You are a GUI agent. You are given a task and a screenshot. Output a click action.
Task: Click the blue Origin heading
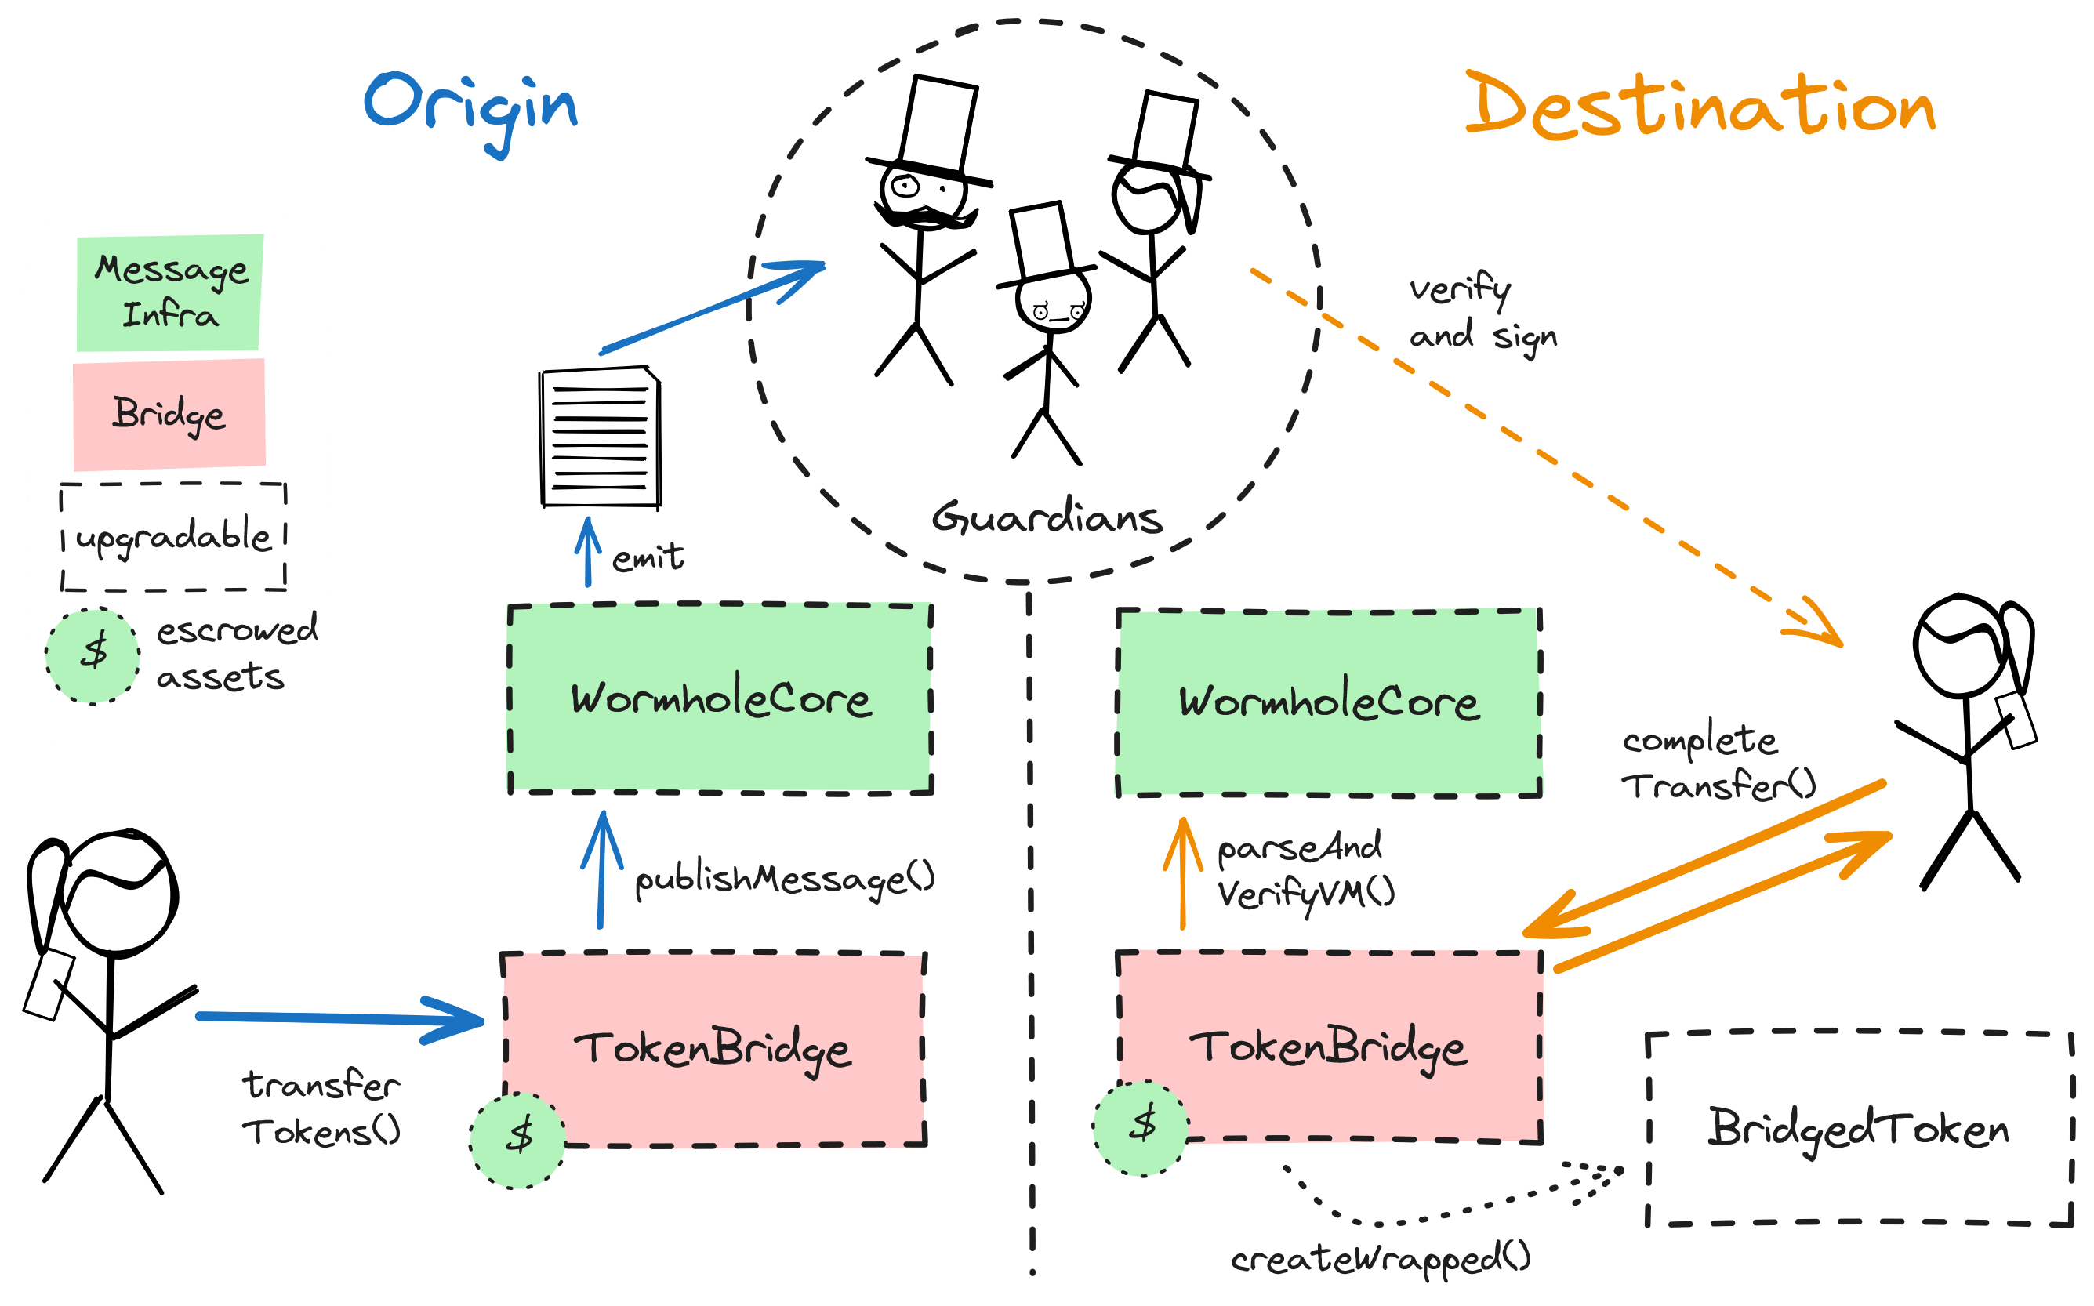[x=471, y=108]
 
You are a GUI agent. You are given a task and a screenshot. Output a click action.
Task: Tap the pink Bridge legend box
[x=169, y=415]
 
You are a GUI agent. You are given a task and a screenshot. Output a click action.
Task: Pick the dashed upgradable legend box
[x=172, y=536]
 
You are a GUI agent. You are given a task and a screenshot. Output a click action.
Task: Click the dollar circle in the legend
[x=93, y=655]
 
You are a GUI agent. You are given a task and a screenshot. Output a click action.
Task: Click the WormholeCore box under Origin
[x=720, y=698]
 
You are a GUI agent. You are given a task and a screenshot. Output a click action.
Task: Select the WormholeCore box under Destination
[x=1329, y=702]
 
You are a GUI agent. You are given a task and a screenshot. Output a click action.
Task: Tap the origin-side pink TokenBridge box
[x=713, y=1050]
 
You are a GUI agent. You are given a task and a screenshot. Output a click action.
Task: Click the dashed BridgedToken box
[x=1859, y=1128]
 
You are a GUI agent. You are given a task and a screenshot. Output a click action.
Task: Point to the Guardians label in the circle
[x=1047, y=518]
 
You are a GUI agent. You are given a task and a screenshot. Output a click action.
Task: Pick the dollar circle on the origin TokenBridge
[x=518, y=1140]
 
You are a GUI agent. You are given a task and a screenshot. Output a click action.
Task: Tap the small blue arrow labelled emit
[x=588, y=553]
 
